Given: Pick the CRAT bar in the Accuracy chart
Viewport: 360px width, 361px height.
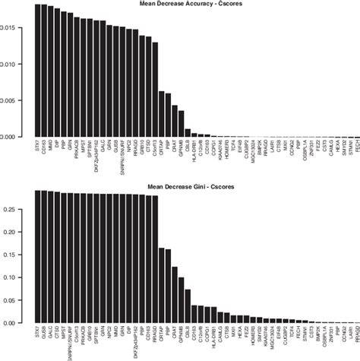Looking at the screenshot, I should [x=175, y=121].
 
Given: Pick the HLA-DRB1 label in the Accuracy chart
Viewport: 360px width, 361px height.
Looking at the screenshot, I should [x=196, y=152].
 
